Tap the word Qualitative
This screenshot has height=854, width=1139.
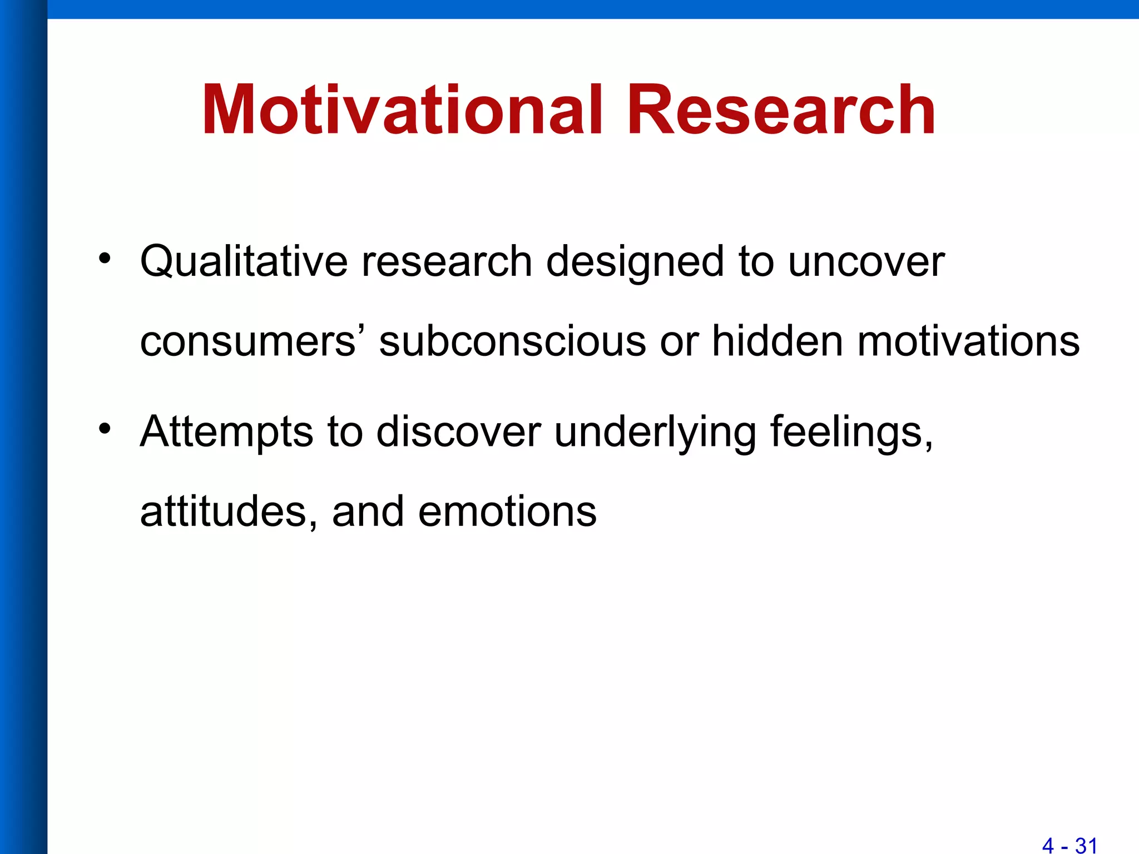[244, 261]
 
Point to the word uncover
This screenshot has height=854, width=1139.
[866, 261]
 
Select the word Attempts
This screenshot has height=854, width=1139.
[226, 432]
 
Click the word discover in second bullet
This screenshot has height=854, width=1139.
[458, 432]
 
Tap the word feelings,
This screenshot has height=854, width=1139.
[851, 432]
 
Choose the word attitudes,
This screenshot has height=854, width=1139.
[229, 512]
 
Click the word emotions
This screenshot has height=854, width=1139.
[507, 512]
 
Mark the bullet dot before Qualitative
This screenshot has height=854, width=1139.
[105, 258]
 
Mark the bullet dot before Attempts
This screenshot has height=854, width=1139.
[105, 429]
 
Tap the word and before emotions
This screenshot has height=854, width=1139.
[368, 512]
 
